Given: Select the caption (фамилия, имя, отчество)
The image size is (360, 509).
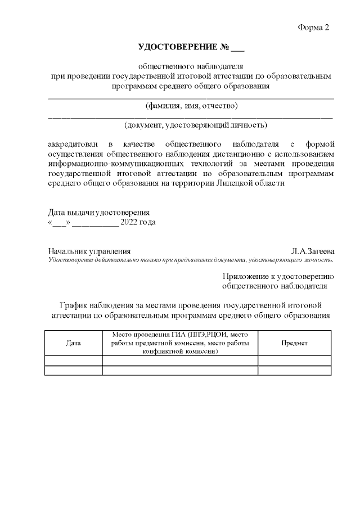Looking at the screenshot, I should point(191,105).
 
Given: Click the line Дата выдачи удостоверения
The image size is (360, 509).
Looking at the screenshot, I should point(99,213).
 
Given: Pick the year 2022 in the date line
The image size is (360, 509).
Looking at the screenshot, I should point(129,222).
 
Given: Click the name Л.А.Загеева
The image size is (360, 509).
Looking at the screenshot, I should point(313,251).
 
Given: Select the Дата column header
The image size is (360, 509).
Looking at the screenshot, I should point(73,343).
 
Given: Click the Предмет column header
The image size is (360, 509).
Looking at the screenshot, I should point(294,343).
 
